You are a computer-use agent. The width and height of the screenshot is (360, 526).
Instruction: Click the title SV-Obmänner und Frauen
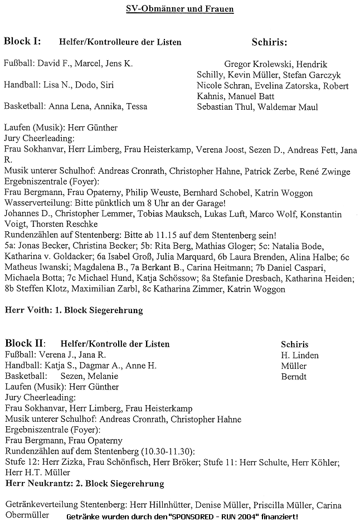(x=180, y=9)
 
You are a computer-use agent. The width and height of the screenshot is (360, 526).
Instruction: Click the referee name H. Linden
(x=300, y=355)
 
